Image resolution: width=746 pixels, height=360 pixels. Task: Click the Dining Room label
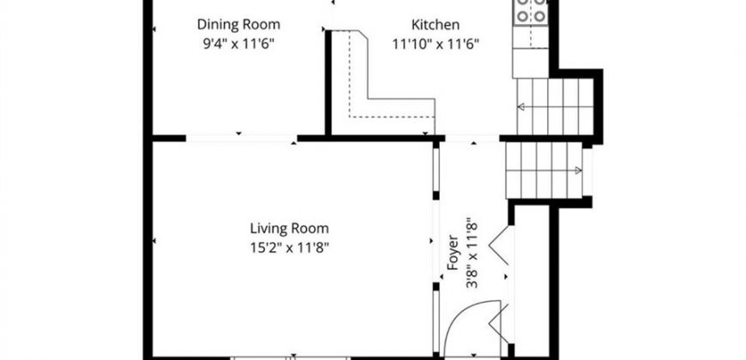[238, 24]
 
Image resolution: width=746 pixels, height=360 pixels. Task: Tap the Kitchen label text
[436, 25]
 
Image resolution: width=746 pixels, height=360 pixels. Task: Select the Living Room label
[289, 228]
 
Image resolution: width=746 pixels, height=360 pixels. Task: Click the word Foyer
[453, 252]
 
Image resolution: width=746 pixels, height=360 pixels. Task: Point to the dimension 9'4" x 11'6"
[239, 45]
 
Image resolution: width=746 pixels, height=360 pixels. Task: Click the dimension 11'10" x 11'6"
[436, 45]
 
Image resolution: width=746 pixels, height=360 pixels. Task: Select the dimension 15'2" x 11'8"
[290, 248]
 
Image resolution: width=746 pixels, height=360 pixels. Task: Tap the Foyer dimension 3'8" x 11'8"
[472, 253]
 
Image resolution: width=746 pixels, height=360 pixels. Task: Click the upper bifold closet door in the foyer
[500, 245]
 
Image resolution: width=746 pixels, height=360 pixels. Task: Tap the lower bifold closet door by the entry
[501, 324]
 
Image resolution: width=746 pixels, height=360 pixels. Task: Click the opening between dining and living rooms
[241, 138]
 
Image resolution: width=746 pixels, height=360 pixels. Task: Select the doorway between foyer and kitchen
[472, 138]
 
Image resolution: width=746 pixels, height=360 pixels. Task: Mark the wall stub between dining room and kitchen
[328, 83]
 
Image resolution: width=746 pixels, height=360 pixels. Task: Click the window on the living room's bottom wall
[290, 357]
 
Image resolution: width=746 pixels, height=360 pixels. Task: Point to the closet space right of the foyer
[532, 280]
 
